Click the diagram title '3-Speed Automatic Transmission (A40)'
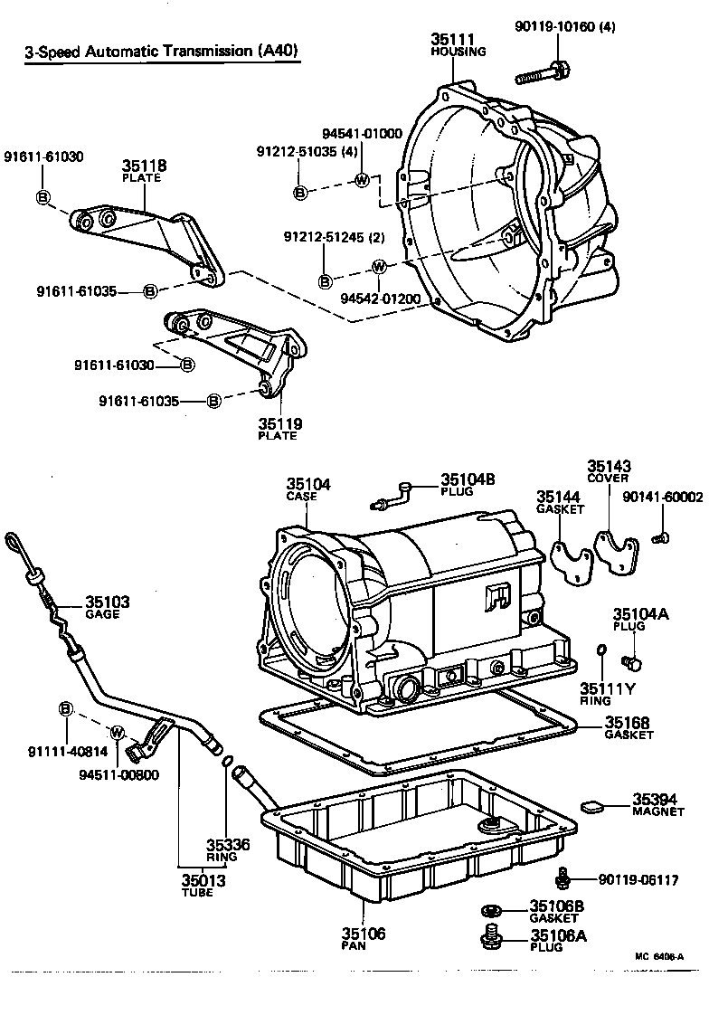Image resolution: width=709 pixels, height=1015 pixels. coord(161,52)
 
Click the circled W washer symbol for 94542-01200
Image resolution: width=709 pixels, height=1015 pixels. coord(379,266)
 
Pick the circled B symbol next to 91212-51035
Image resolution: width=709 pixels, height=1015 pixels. coord(301,192)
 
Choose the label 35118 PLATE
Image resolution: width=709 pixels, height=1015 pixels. coord(140,172)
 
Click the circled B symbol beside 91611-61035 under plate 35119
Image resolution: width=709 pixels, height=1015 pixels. coord(214,401)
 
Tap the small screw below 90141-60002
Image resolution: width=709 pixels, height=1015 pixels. coord(659,538)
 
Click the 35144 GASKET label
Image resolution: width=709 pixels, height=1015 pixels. coord(557,502)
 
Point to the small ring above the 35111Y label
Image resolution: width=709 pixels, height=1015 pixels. coord(600,650)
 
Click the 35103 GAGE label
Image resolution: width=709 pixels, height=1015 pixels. coord(108,607)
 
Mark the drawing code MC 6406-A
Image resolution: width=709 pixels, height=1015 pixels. coord(659,956)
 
